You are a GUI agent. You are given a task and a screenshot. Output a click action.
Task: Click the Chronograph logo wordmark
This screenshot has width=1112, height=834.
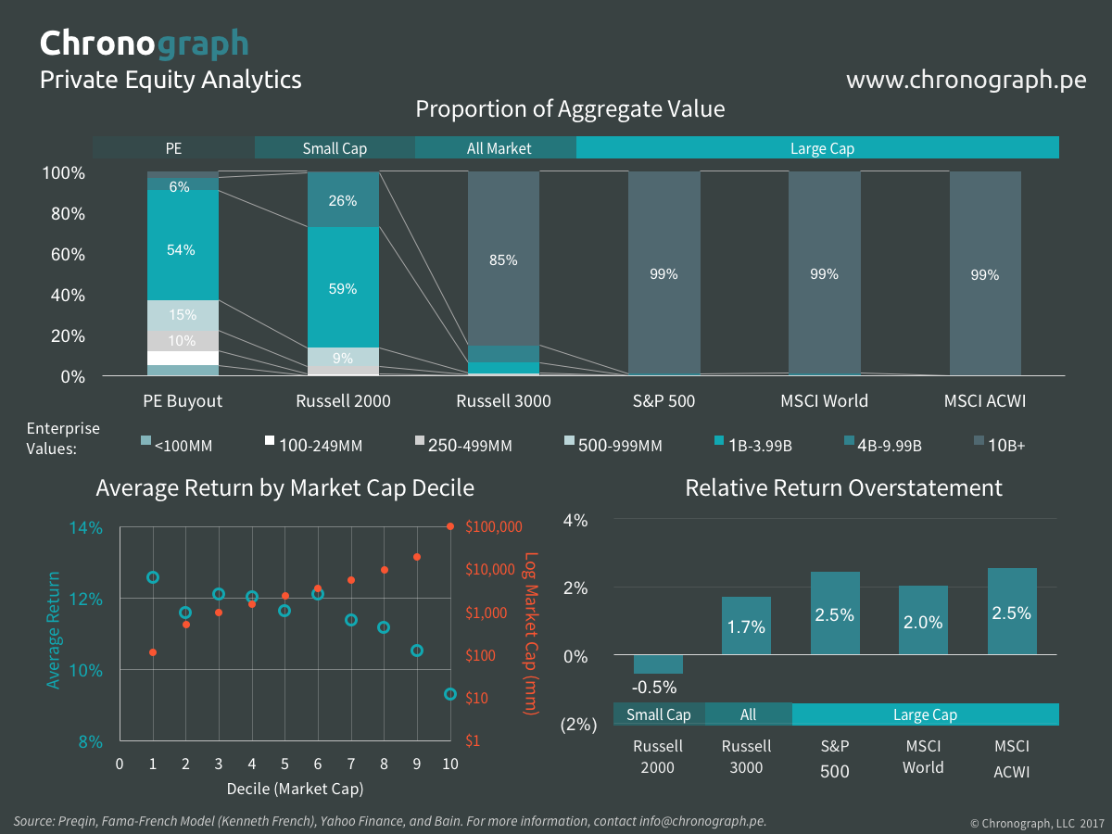(144, 43)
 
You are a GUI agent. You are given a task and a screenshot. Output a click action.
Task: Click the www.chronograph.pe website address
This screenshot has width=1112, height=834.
(966, 80)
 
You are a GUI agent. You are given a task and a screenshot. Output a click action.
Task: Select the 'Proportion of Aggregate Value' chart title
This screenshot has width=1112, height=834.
(569, 109)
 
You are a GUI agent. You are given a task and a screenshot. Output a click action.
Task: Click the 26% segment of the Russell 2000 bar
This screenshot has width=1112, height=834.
(343, 200)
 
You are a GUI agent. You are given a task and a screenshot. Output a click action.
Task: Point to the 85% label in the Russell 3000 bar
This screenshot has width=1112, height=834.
(503, 260)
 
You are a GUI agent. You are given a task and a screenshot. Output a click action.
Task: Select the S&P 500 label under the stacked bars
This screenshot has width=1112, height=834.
(663, 401)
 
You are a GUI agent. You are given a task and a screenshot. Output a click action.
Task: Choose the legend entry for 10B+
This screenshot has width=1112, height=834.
(1005, 446)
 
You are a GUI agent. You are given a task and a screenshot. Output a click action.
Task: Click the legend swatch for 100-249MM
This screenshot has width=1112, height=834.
(271, 441)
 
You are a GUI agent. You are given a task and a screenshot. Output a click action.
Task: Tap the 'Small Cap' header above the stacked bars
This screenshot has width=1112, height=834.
(335, 148)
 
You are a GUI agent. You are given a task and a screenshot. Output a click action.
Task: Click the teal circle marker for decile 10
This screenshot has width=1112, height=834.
(450, 693)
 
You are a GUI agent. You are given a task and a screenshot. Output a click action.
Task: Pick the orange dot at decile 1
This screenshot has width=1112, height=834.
(153, 652)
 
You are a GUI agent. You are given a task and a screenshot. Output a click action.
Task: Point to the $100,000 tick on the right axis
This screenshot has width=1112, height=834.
(496, 526)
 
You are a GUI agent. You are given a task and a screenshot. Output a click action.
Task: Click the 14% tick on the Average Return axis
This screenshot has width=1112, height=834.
(85, 528)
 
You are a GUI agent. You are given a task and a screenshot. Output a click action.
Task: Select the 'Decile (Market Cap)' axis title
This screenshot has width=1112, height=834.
(295, 789)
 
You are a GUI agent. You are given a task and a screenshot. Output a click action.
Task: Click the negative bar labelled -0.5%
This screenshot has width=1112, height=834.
(658, 664)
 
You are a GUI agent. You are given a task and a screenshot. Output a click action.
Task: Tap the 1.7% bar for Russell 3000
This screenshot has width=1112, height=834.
(746, 625)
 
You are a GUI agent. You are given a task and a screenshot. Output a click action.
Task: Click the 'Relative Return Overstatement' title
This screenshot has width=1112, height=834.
(843, 487)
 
